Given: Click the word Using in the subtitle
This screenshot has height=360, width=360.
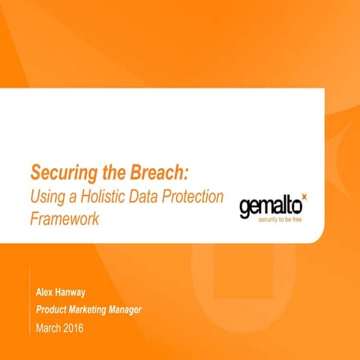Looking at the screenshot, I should (46, 197).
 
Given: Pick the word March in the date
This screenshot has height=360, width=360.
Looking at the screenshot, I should (49, 328).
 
